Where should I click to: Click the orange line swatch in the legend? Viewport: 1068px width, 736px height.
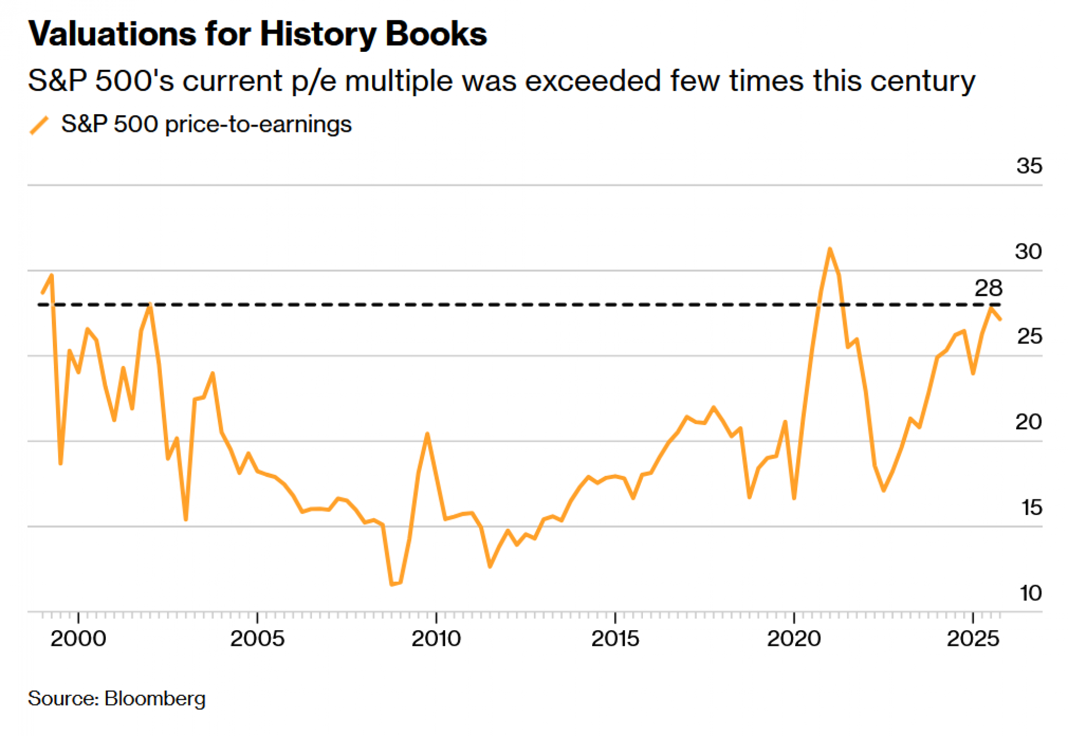(x=39, y=125)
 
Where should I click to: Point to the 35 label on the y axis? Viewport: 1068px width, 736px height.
(x=1029, y=166)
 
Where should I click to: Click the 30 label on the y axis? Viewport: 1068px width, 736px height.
(x=1028, y=252)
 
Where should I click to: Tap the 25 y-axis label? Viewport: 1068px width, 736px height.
(x=1029, y=336)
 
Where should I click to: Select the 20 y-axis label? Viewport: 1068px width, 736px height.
(x=1028, y=422)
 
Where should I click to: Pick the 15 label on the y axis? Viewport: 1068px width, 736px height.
(x=1031, y=507)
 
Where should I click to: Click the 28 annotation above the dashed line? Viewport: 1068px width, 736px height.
(x=988, y=288)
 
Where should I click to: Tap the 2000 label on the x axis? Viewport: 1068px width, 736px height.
(x=78, y=639)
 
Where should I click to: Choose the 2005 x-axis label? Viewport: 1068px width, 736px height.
(x=257, y=639)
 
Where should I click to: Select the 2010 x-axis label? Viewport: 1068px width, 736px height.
(x=436, y=639)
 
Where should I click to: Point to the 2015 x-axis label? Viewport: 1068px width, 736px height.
(x=615, y=639)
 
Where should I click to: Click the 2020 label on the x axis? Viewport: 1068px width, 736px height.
(x=794, y=639)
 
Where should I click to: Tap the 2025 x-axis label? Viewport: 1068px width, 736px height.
(x=973, y=639)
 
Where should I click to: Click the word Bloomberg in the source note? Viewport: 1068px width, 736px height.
(x=155, y=699)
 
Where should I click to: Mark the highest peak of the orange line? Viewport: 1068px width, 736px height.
(x=830, y=249)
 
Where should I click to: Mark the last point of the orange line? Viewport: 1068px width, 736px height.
(x=1000, y=319)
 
